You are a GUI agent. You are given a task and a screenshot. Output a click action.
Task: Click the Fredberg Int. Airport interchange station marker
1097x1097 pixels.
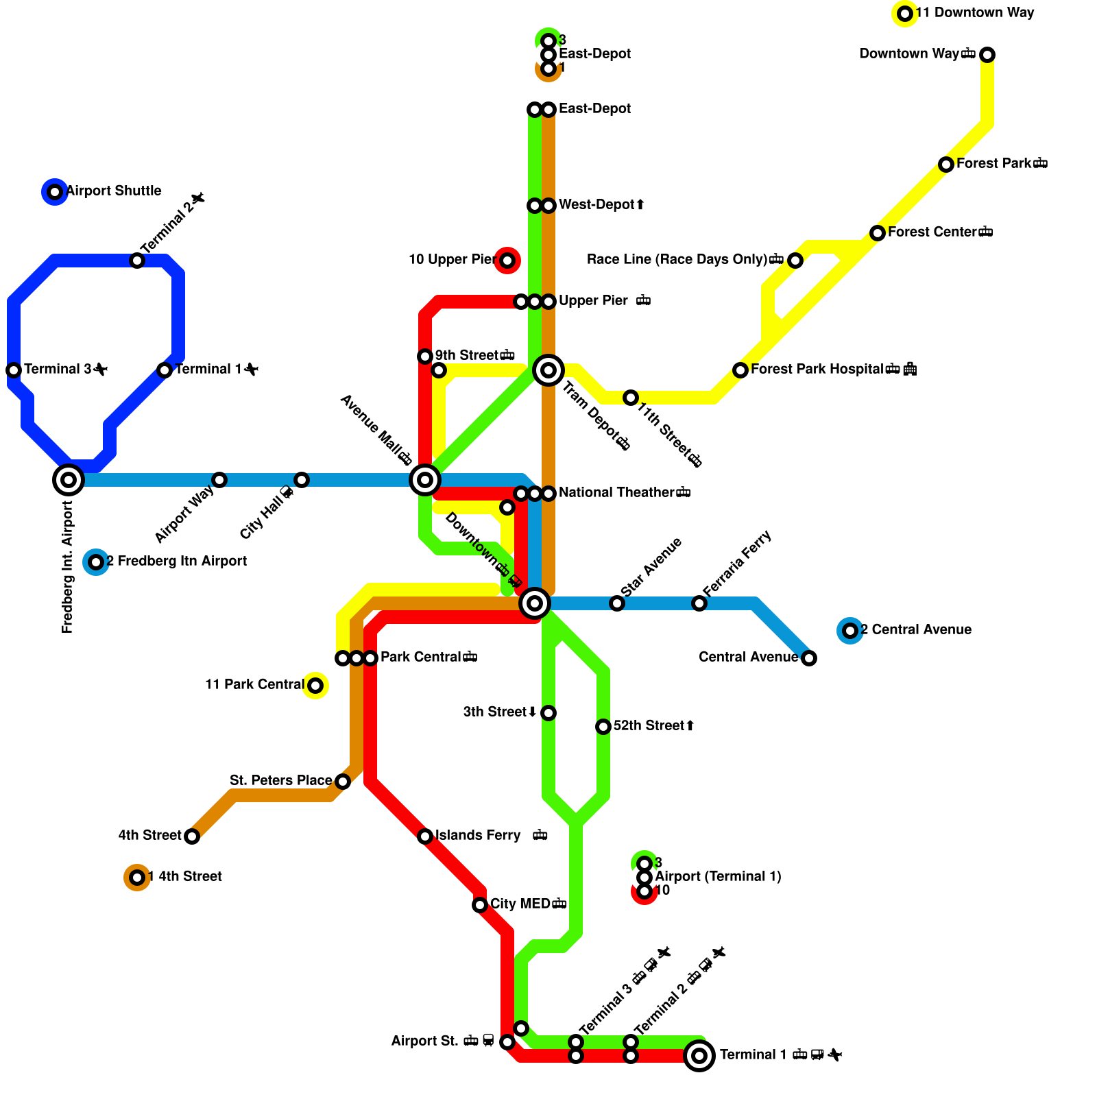69,480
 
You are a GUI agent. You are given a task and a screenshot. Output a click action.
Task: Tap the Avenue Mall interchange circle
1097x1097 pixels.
425,480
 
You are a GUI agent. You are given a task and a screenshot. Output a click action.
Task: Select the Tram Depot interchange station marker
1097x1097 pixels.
548,370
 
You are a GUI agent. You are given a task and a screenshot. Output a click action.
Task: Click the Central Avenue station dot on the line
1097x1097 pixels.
809,658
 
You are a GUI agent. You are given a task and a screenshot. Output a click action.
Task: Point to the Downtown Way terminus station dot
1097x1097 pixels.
987,55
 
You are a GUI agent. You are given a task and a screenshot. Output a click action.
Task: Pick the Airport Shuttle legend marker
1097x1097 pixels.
55,192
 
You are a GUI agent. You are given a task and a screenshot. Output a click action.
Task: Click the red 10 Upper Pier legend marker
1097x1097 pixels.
507,261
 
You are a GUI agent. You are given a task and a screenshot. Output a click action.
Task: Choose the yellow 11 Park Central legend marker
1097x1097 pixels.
315,686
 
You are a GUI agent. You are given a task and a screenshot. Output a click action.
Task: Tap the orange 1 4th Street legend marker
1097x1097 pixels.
137,878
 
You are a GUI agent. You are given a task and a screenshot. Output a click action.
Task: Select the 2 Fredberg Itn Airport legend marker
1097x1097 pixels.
96,562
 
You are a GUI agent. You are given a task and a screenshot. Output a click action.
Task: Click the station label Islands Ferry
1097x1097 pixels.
478,836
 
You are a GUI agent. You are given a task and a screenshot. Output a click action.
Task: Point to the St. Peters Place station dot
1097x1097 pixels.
343,782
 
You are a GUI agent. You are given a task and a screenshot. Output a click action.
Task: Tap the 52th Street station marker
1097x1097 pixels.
603,727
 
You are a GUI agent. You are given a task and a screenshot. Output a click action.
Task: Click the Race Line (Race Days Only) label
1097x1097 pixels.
677,260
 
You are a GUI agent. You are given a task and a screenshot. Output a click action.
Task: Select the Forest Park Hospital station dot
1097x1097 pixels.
740,370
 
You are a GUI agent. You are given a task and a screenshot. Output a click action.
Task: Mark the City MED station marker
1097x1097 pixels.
480,905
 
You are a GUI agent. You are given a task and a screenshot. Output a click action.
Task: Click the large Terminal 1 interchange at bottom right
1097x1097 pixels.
699,1056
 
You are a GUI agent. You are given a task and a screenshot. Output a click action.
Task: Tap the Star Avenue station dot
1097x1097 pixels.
617,603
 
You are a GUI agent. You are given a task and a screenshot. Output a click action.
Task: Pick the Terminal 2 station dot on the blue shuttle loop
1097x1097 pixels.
137,261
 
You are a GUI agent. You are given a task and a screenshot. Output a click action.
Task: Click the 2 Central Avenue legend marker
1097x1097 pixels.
850,631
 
